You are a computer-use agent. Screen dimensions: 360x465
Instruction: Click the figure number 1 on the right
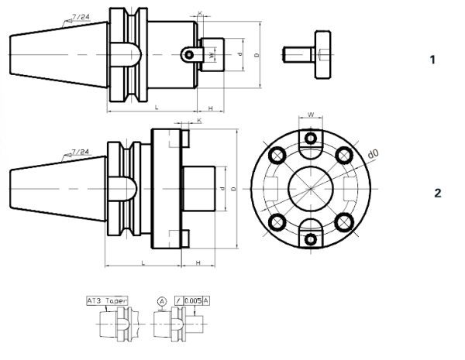coord(433,60)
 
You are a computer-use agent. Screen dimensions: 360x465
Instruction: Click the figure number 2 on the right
coord(438,193)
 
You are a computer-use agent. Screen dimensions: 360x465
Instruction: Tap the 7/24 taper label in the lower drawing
coord(79,150)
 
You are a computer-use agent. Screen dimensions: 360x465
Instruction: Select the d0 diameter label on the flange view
coord(374,155)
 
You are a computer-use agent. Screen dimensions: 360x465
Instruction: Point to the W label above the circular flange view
coord(311,115)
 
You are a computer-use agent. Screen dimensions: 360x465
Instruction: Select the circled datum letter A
coord(161,300)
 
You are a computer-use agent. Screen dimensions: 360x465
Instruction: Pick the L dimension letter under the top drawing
coord(157,107)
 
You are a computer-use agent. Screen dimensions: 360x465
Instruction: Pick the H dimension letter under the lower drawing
coord(199,263)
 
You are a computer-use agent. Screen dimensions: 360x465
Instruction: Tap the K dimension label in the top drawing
coord(201,13)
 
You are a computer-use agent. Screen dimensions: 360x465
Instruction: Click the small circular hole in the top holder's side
coord(188,54)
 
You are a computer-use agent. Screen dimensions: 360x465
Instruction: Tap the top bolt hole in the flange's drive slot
coord(311,138)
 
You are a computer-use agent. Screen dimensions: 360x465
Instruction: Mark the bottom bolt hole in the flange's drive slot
coord(311,238)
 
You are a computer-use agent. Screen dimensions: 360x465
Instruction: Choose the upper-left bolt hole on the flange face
coord(276,153)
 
